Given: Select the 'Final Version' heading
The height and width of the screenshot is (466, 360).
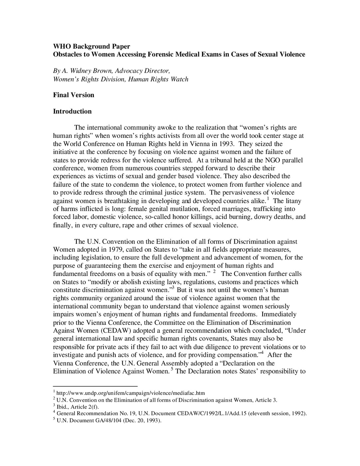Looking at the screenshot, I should click(x=74, y=95).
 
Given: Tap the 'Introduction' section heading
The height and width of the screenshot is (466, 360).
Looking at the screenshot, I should click(x=72, y=111).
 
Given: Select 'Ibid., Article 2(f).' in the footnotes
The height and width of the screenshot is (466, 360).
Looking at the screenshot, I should click(x=78, y=406).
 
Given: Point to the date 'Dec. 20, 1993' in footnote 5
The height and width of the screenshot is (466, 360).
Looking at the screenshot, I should click(x=142, y=420).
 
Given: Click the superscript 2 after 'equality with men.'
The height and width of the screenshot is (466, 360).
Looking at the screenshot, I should click(x=214, y=272).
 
